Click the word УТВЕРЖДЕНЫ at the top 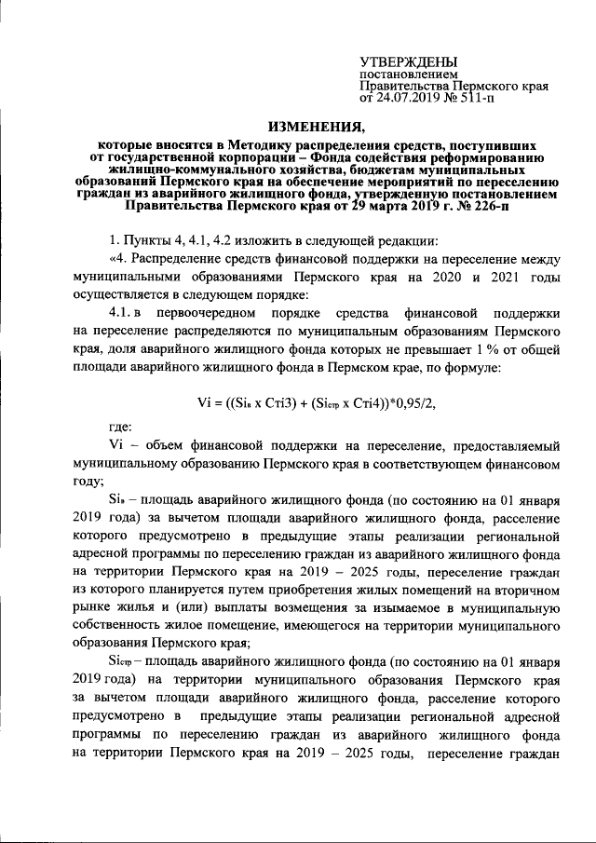click(406, 61)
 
